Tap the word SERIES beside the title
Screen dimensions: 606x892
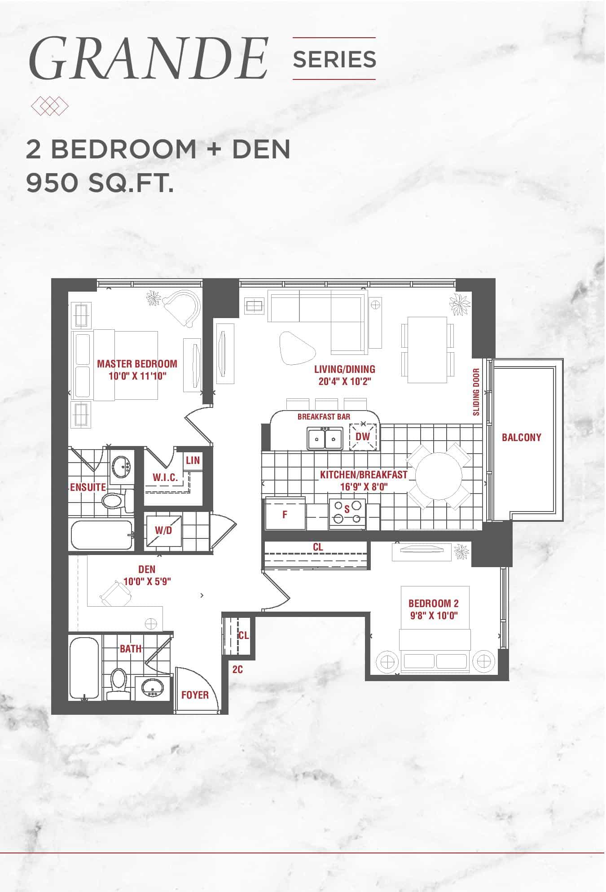[334, 59]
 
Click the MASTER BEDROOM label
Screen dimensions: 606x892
[137, 363]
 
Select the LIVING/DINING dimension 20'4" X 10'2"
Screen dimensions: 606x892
[344, 381]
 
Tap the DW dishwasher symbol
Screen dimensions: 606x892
[363, 436]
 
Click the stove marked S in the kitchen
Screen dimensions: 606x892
[347, 512]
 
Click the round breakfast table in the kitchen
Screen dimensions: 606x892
[439, 476]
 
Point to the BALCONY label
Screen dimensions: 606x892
[522, 437]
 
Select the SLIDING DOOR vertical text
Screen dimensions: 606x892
[476, 392]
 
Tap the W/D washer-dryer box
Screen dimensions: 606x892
[163, 530]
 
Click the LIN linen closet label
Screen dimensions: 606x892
[193, 460]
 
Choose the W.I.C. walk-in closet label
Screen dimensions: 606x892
[165, 477]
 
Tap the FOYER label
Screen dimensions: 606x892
[195, 695]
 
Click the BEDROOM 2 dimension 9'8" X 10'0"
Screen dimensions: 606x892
[434, 616]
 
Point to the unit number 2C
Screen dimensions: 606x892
[237, 669]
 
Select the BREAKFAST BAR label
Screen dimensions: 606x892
[324, 417]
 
